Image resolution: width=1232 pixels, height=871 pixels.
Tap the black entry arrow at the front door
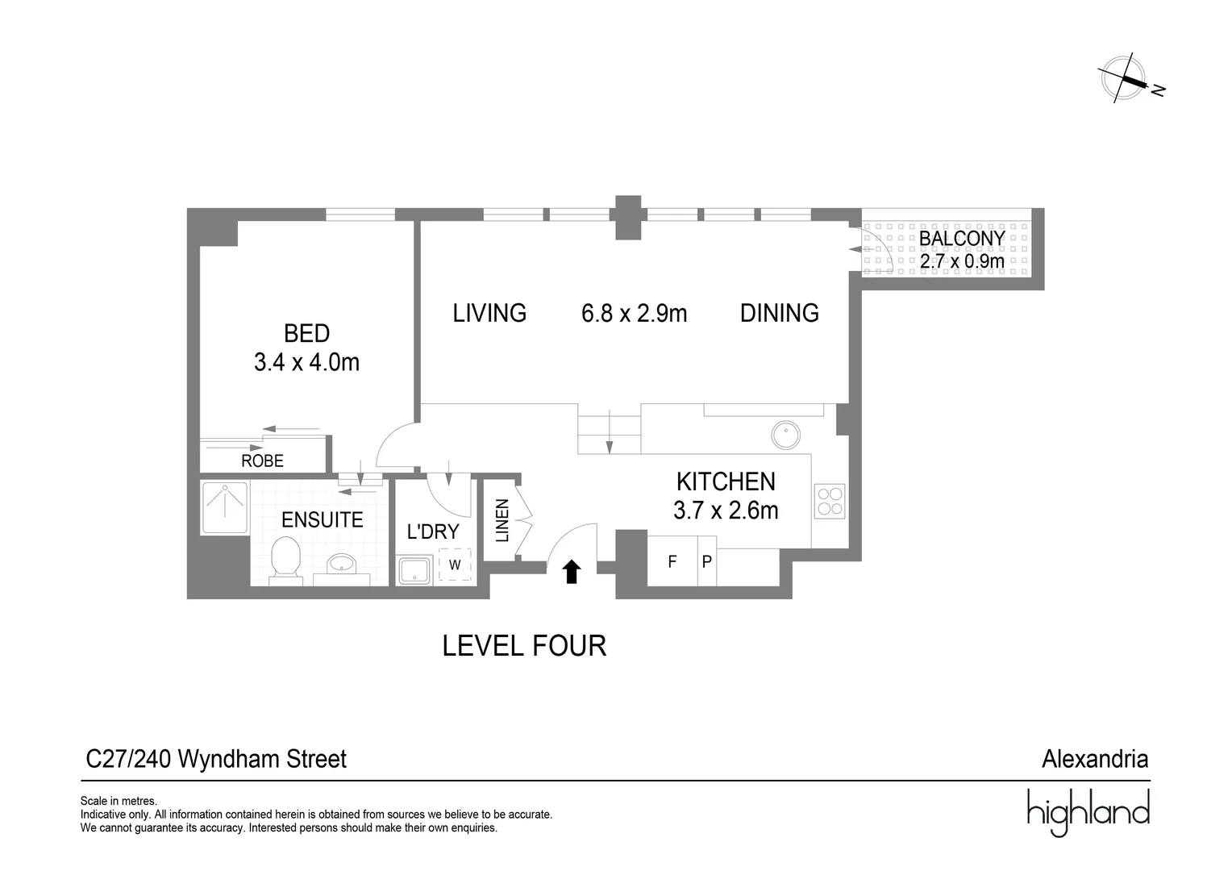coord(572,571)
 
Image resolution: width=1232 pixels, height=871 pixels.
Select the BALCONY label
coord(962,238)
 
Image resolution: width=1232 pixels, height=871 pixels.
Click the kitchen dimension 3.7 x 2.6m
coord(726,511)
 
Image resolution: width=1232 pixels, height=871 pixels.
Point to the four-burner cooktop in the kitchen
coord(830,502)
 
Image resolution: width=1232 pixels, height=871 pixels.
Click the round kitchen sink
coord(786,435)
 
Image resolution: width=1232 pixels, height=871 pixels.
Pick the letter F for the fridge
coord(672,562)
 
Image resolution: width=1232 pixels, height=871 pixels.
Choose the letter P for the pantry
coord(707,562)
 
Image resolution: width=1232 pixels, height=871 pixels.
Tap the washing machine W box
coord(455,565)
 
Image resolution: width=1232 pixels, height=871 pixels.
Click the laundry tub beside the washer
coord(415,570)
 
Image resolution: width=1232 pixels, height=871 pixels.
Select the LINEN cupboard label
coord(502,520)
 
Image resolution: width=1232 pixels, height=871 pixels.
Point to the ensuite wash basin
coord(342,565)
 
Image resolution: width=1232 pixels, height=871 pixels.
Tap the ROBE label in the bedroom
coord(262,461)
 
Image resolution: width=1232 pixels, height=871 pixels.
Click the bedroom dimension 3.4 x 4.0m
coord(307,363)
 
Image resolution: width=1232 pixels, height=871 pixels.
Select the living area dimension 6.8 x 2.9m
coord(635,314)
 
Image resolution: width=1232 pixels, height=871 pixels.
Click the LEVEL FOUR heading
coord(524,646)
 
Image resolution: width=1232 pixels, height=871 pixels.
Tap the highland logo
coord(1088,812)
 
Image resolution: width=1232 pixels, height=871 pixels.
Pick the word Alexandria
coord(1095,760)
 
